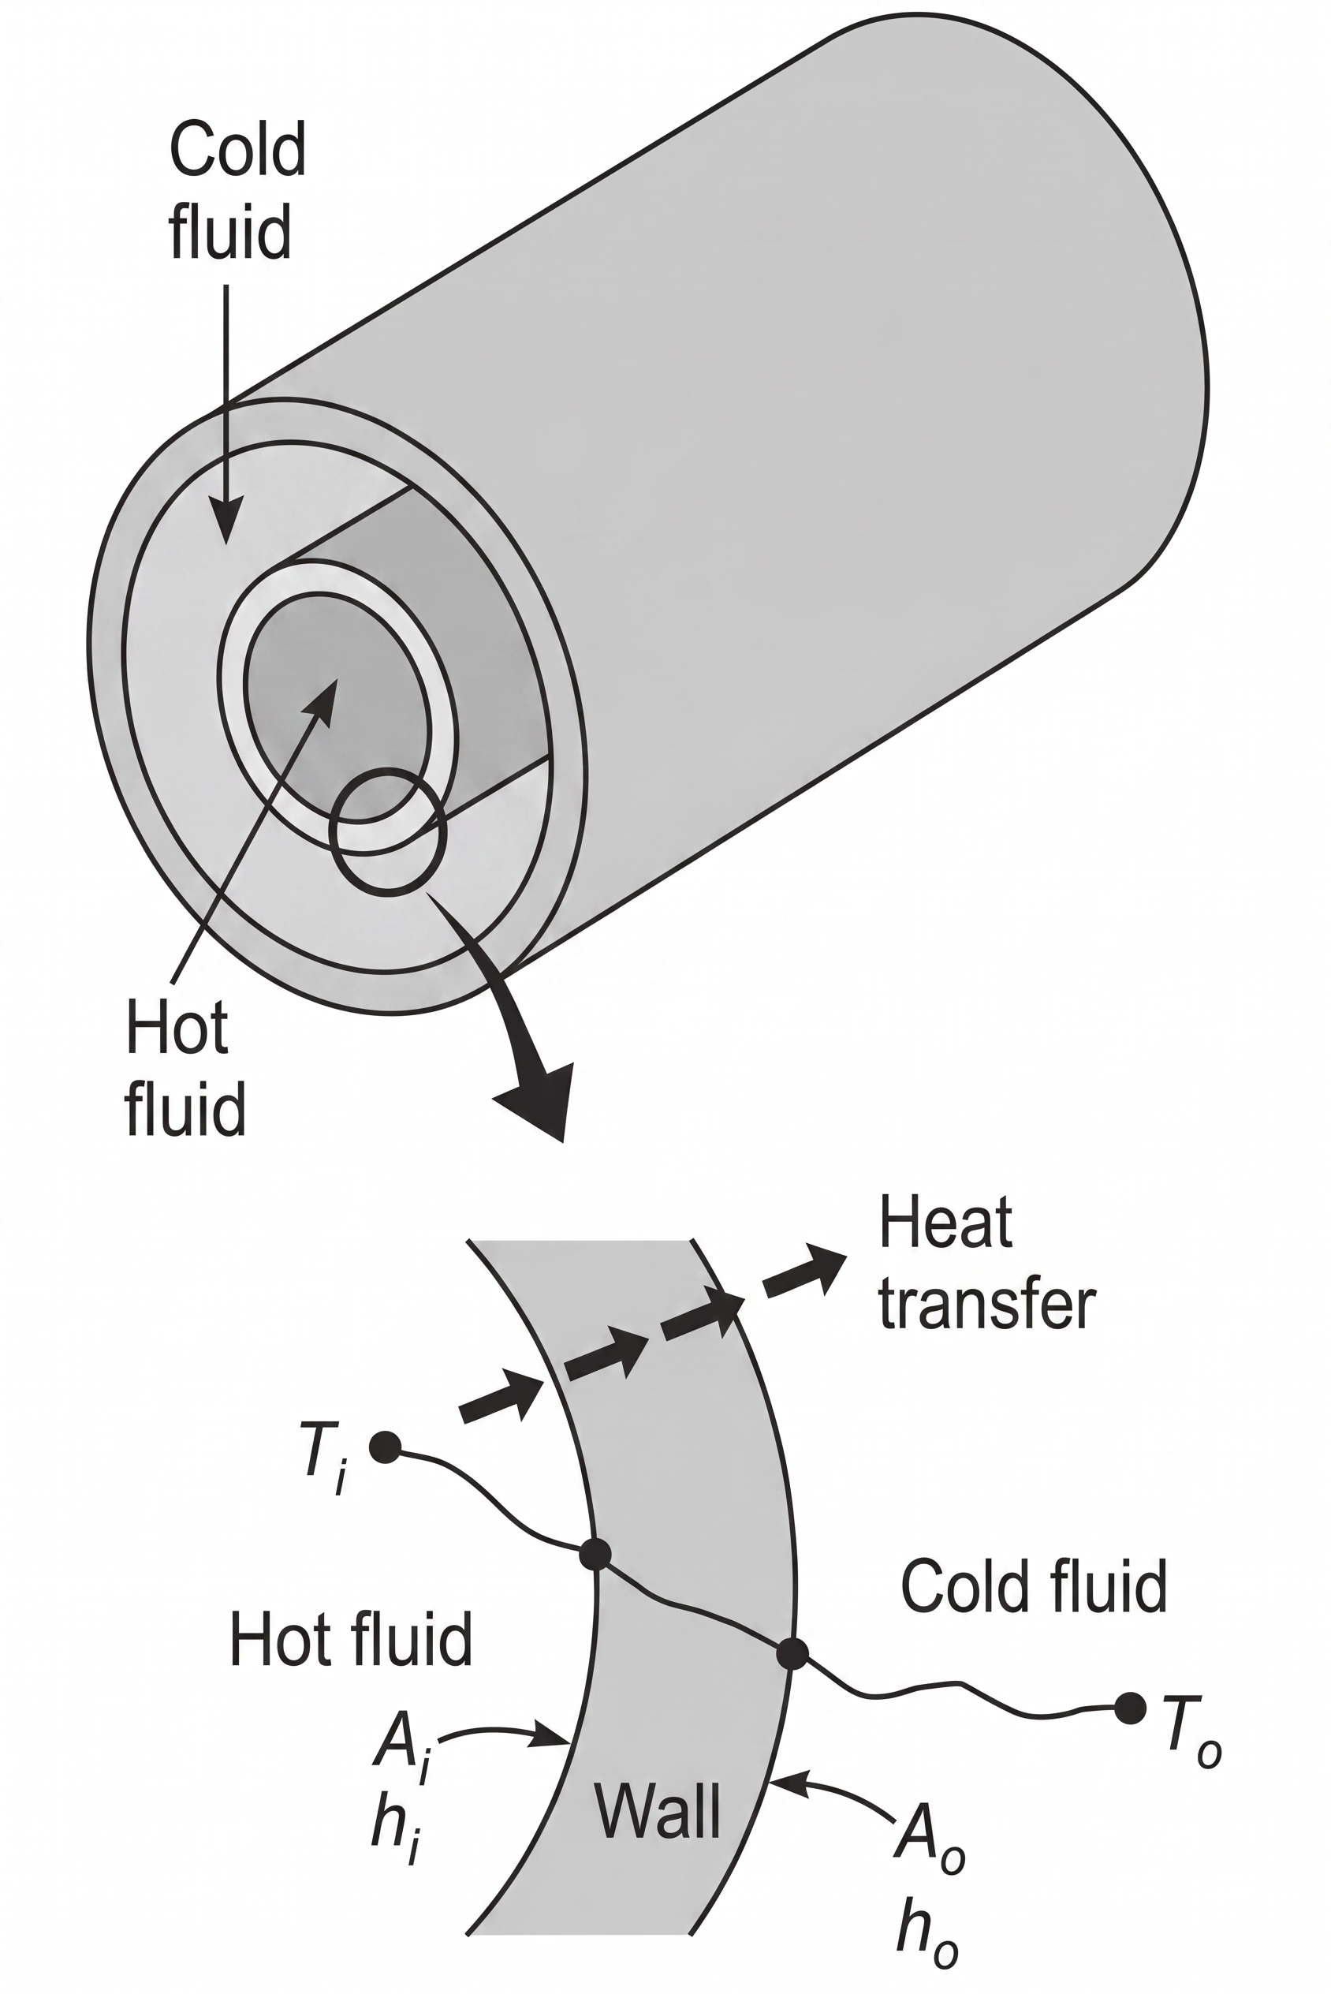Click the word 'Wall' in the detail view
[658, 1811]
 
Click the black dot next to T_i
[386, 1447]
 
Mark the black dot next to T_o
[1130, 1708]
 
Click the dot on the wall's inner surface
[595, 1555]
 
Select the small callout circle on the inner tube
[388, 831]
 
